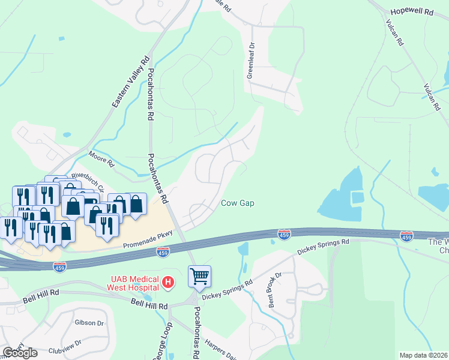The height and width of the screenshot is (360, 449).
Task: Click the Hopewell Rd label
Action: pos(411,11)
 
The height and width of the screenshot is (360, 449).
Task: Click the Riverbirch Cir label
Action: pos(88,181)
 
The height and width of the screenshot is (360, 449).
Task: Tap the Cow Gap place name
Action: pos(237,203)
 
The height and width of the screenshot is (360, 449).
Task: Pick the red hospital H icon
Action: pos(169,281)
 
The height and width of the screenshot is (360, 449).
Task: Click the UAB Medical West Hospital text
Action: pos(134,282)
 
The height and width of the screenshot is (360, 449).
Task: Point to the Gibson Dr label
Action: pos(89,322)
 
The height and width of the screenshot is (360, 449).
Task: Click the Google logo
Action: pos(19,352)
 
